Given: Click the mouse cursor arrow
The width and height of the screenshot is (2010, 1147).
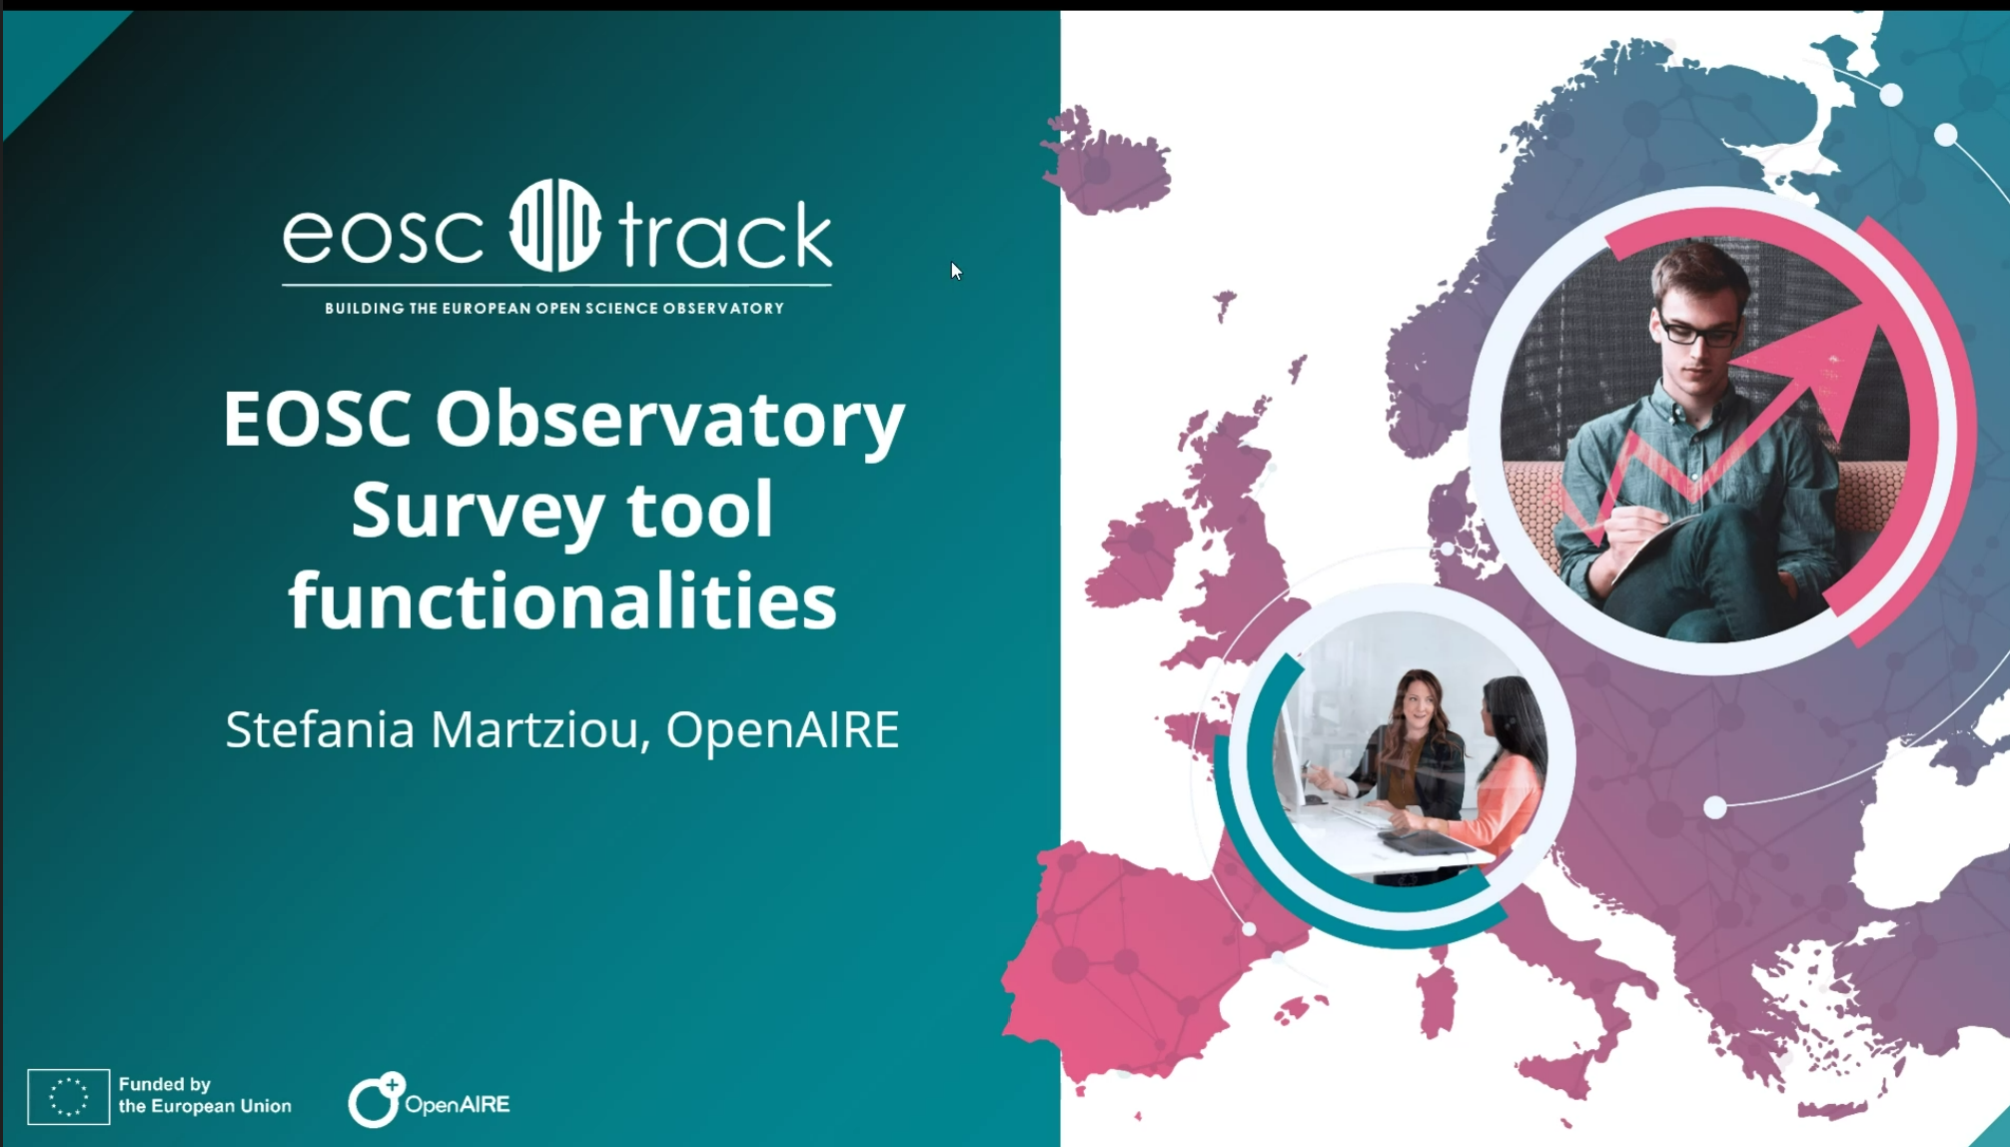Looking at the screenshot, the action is [x=956, y=271].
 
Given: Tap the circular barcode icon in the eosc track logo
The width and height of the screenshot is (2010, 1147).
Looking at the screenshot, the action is [x=555, y=226].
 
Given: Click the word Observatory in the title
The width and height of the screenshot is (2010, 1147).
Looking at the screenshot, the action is [x=669, y=420].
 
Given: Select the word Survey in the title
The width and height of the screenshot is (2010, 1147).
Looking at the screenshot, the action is [x=478, y=511].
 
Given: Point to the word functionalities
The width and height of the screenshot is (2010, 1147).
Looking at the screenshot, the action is [x=562, y=601].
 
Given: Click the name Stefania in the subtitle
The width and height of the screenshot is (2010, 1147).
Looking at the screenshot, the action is [x=320, y=729].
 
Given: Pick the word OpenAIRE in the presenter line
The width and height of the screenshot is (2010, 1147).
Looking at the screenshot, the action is [x=782, y=729].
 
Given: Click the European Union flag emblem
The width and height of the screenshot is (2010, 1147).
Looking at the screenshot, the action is [x=68, y=1096].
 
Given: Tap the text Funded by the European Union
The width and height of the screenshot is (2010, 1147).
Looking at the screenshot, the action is [x=205, y=1095].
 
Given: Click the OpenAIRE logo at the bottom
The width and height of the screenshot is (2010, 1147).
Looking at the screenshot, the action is [x=429, y=1100].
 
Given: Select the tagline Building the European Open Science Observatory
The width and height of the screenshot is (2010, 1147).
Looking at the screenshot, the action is [x=554, y=308].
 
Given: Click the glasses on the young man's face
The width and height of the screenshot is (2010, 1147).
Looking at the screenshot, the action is [x=1697, y=332].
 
